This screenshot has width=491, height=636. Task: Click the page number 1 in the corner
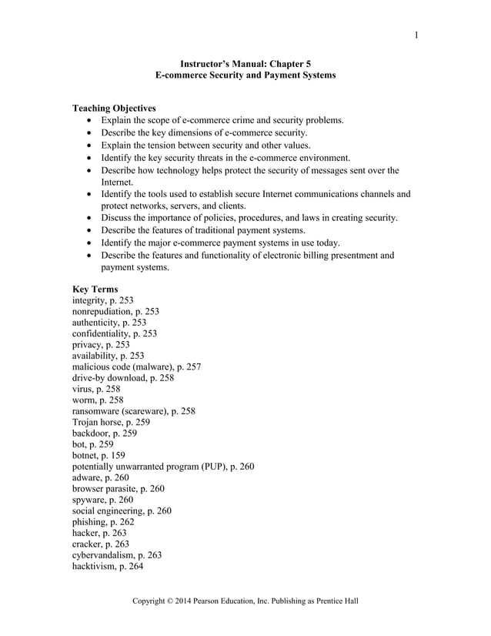pyautogui.click(x=416, y=34)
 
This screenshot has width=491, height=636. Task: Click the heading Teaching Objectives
pyautogui.click(x=114, y=109)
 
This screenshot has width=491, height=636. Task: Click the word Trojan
pyautogui.click(x=88, y=423)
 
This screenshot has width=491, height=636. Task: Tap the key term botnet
pyautogui.click(x=86, y=456)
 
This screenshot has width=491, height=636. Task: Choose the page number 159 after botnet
pyautogui.click(x=125, y=456)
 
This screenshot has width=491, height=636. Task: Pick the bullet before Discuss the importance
pyautogui.click(x=92, y=218)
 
